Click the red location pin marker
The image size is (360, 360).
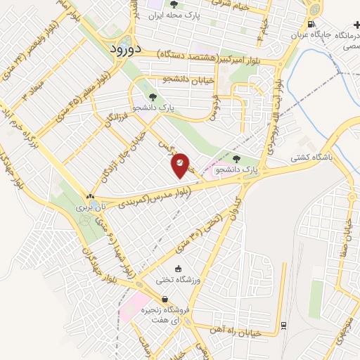click(x=181, y=164)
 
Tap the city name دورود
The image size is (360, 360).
click(x=127, y=49)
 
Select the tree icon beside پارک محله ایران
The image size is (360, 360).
click(x=174, y=4)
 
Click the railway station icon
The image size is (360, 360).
click(x=283, y=325)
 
